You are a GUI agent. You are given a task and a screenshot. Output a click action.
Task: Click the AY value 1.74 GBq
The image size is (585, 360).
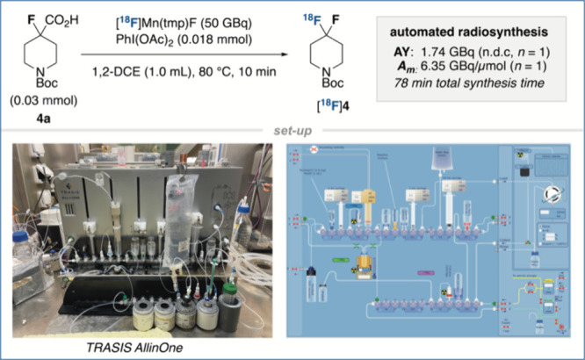coord(468,54)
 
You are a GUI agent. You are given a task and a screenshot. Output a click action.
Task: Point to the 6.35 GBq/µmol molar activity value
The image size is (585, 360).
coord(474,68)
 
